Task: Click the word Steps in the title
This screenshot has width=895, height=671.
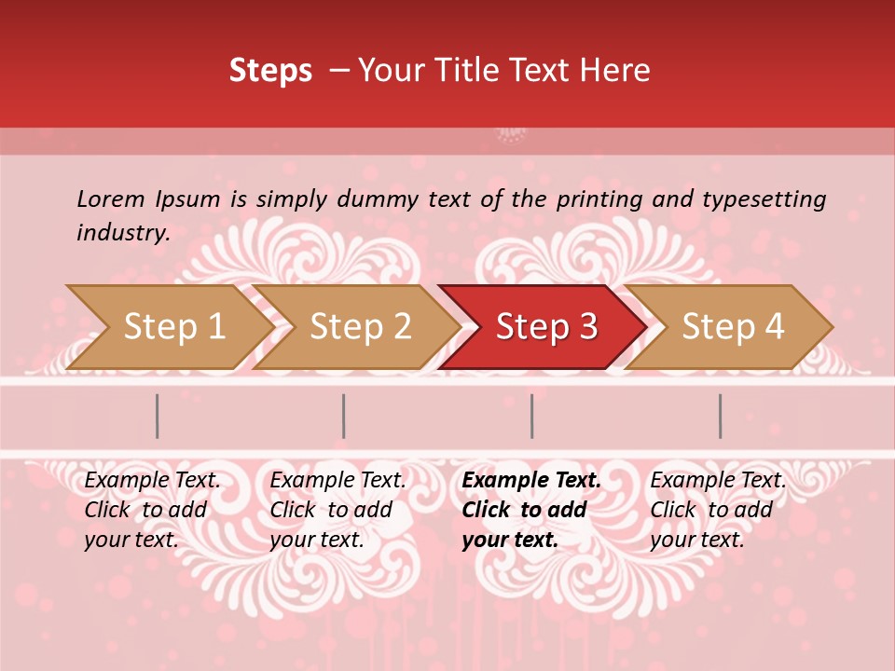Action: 270,71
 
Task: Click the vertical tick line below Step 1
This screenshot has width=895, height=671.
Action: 158,416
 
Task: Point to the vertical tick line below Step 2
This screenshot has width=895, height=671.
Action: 344,416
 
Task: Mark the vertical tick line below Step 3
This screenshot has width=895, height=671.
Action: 532,416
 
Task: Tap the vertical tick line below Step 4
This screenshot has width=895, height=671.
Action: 721,416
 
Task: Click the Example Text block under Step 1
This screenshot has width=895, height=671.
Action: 152,510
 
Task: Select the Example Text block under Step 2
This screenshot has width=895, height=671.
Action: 337,510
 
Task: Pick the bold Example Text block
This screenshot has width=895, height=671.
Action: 530,510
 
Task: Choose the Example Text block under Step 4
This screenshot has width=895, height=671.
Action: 718,510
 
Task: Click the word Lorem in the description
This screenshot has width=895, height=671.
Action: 110,199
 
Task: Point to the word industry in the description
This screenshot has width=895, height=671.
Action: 122,233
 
